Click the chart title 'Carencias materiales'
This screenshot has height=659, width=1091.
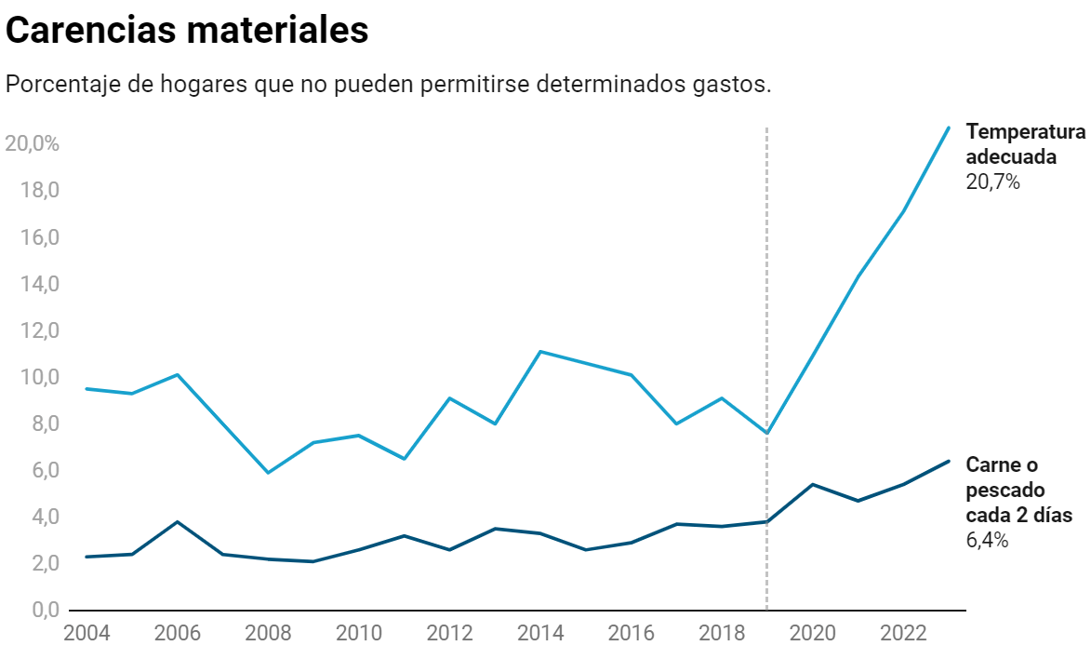187,31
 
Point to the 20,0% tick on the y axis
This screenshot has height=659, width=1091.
33,144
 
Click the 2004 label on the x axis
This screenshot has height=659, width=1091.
86,634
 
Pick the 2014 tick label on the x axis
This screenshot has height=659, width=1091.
540,634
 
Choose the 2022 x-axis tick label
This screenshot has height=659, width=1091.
902,634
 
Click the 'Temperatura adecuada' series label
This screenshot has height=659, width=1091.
1025,143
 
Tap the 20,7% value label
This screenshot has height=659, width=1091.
992,182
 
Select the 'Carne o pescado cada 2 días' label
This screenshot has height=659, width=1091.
1018,490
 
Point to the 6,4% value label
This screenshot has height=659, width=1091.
987,541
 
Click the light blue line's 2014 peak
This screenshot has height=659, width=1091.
540,352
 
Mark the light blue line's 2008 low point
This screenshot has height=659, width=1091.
268,473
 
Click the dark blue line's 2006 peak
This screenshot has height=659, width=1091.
177,522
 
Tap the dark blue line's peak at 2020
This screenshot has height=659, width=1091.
812,484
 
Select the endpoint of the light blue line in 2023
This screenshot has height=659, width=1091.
948,128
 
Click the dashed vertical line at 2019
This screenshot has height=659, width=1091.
766,279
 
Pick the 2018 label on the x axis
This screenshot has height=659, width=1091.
721,634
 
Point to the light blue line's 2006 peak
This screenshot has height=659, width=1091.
177,375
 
